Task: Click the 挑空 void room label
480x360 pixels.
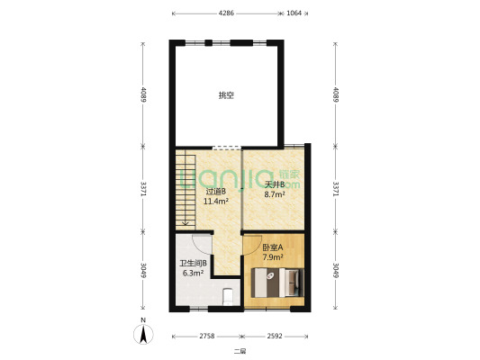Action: click(226, 95)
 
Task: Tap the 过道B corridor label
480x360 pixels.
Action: click(215, 192)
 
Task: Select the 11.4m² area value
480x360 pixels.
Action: click(216, 202)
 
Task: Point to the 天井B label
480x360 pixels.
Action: click(275, 184)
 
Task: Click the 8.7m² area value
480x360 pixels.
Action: click(275, 193)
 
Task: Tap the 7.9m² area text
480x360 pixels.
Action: click(273, 256)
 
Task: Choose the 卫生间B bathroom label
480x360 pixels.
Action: click(193, 263)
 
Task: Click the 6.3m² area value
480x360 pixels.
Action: click(193, 273)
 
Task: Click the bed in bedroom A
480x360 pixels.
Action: click(277, 283)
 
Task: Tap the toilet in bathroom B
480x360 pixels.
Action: click(228, 297)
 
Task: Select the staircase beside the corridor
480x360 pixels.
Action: click(186, 191)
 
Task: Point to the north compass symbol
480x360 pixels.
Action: click(143, 334)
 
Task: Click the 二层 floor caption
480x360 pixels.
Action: click(240, 351)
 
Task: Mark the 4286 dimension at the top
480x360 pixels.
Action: click(226, 13)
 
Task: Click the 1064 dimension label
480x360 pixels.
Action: click(294, 13)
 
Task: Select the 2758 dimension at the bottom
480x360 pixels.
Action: click(207, 337)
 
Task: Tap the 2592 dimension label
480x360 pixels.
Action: click(275, 337)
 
